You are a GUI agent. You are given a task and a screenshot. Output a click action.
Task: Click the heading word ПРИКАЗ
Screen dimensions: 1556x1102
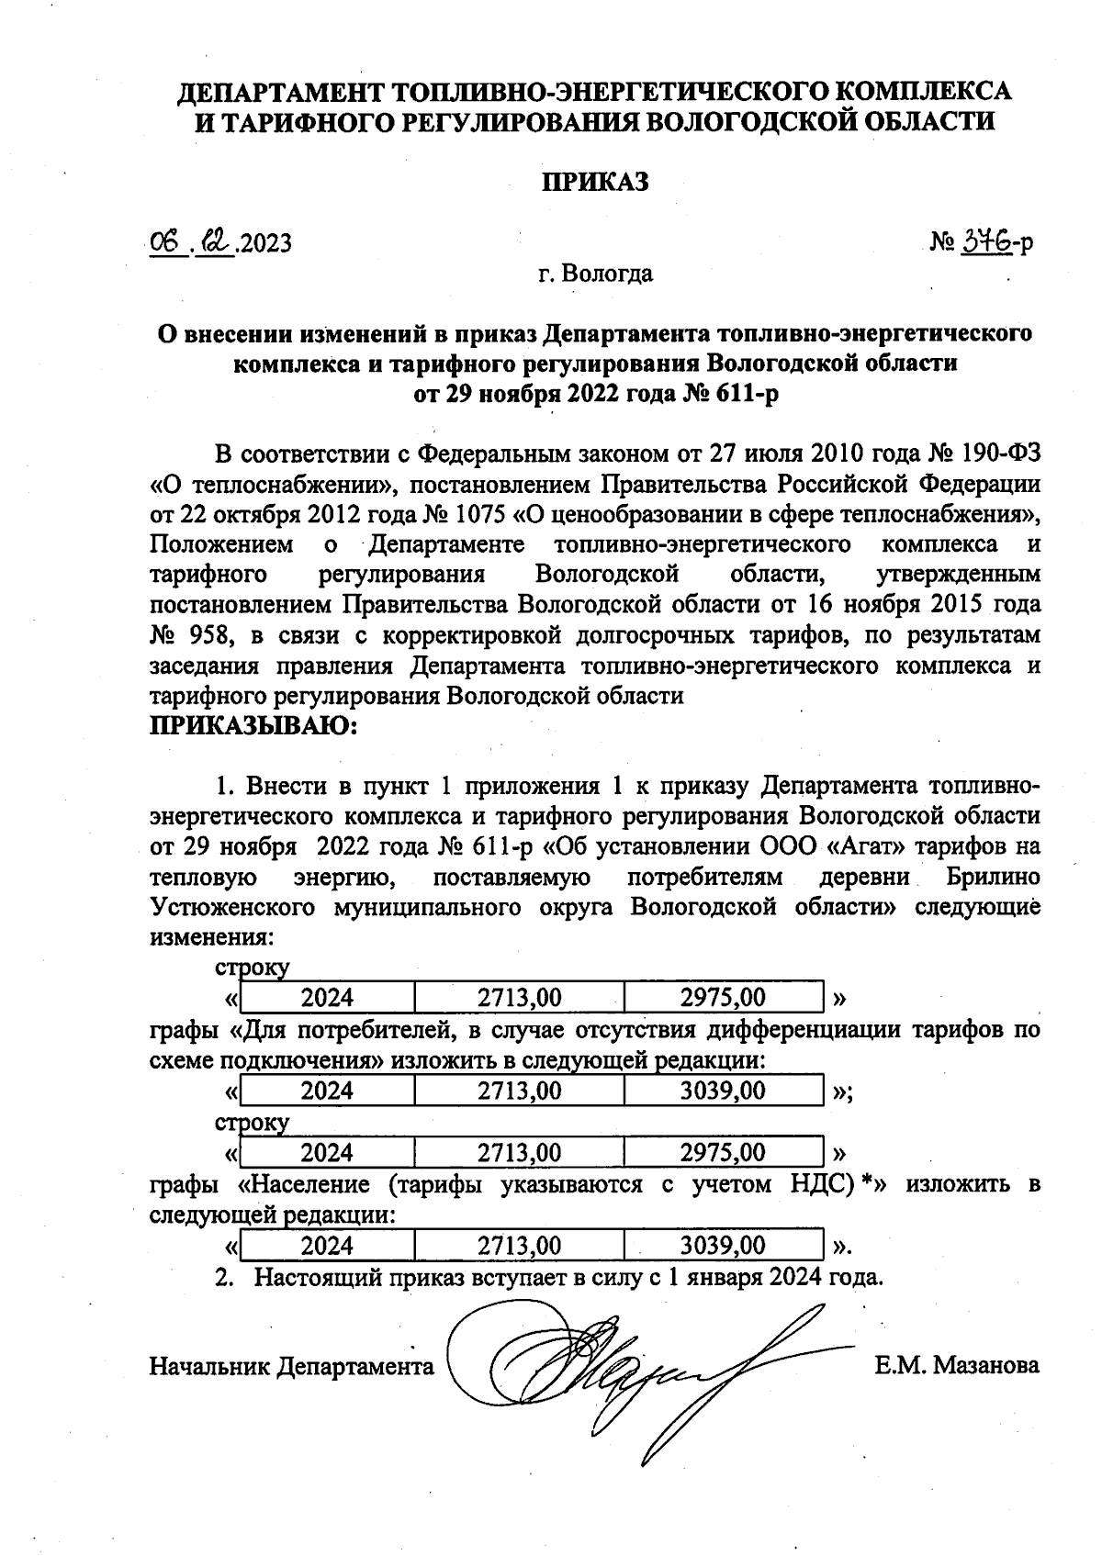pyautogui.click(x=594, y=181)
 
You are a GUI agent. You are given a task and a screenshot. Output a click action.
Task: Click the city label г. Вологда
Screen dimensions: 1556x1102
pyautogui.click(x=595, y=274)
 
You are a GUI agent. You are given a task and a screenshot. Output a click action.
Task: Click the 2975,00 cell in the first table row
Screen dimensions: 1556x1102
pyautogui.click(x=723, y=997)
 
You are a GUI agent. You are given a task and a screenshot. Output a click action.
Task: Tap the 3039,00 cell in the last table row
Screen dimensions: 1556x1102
pyautogui.click(x=723, y=1246)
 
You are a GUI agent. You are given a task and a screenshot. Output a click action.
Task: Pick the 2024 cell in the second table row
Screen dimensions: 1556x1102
pyautogui.click(x=327, y=1091)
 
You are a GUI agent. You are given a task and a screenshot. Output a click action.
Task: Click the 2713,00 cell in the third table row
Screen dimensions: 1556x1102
pyautogui.click(x=519, y=1153)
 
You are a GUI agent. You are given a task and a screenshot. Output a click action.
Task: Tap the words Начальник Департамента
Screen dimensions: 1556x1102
pyautogui.click(x=291, y=1367)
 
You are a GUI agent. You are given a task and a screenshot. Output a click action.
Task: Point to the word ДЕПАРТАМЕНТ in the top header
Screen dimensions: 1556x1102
pyautogui.click(x=280, y=92)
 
